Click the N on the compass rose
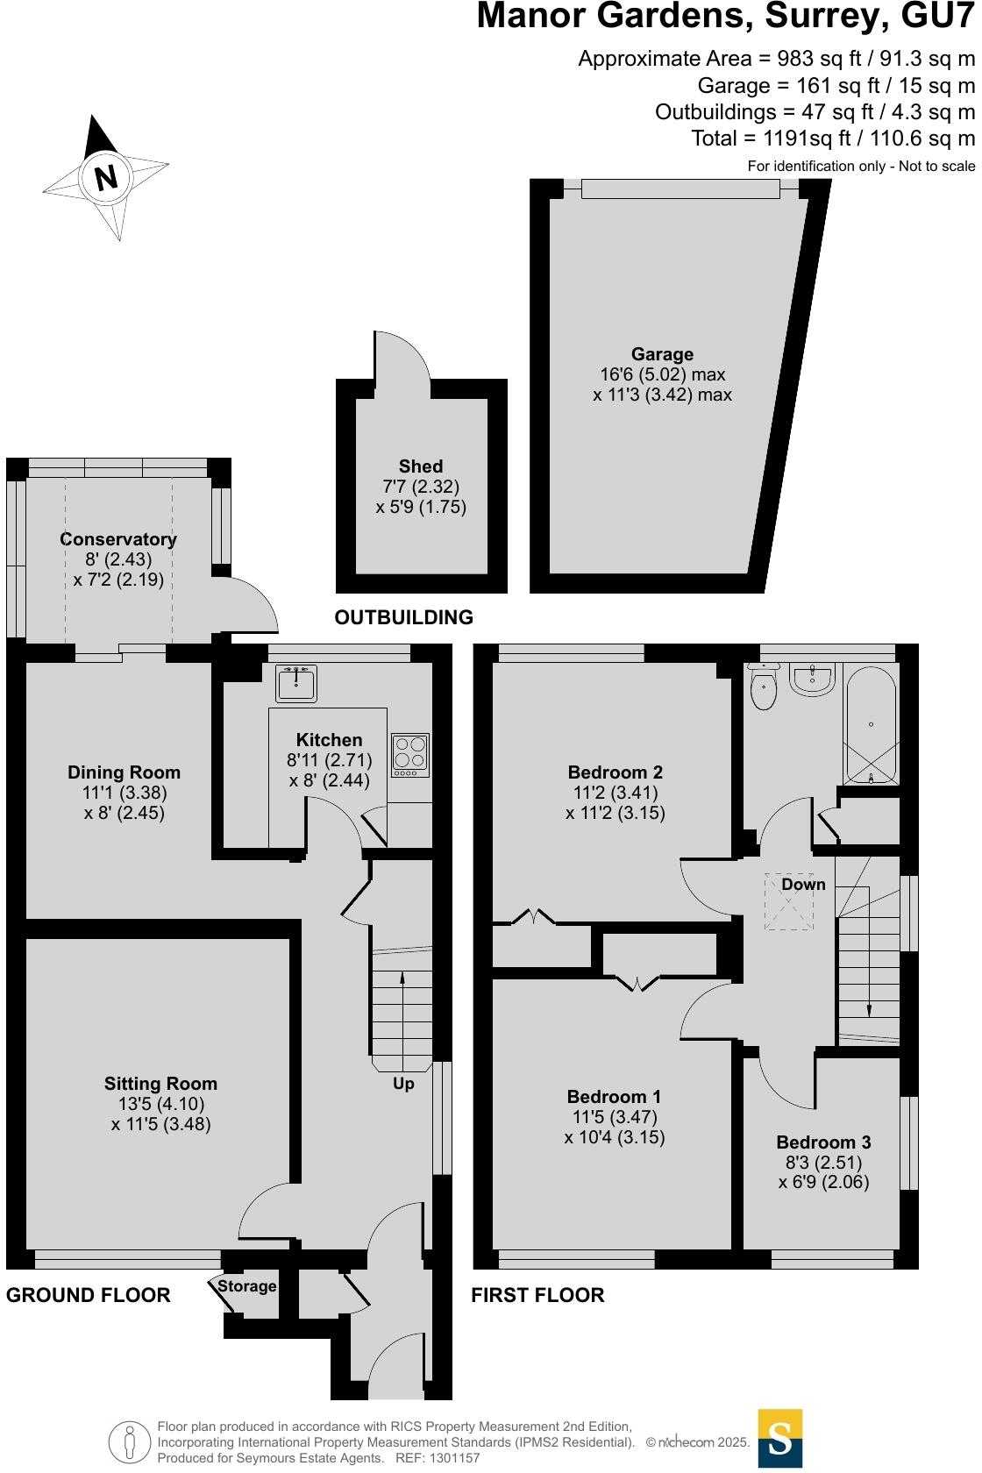[x=106, y=178]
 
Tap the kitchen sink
[x=296, y=684]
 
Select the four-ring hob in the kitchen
[x=409, y=754]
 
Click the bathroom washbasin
[x=813, y=679]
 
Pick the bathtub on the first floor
[x=870, y=726]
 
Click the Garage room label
[x=662, y=354]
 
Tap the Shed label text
[x=421, y=466]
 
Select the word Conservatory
[x=118, y=539]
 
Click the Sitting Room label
[x=160, y=1084]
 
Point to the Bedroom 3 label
[x=823, y=1142]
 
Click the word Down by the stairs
[x=803, y=884]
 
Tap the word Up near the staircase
[x=403, y=1084]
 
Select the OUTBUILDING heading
[x=403, y=617]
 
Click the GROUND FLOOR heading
[x=89, y=1295]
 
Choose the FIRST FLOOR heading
[x=537, y=1295]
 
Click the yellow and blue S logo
[x=779, y=1438]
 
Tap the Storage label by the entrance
[x=246, y=1286]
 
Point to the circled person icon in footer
[x=130, y=1442]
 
